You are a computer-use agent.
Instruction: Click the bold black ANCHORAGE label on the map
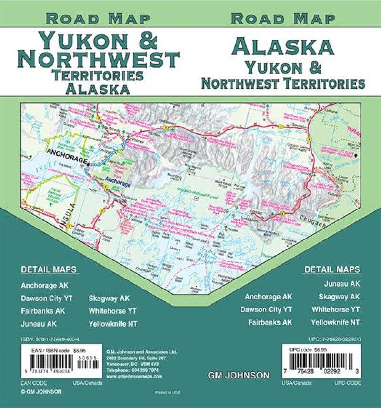67,153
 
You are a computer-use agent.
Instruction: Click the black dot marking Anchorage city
88,161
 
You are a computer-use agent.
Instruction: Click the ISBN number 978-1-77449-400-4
50,339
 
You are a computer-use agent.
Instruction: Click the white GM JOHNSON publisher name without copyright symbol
238,376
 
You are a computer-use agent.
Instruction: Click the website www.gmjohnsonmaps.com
134,376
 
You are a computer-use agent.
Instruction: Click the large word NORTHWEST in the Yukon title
98,60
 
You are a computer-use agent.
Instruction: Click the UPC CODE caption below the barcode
347,382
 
